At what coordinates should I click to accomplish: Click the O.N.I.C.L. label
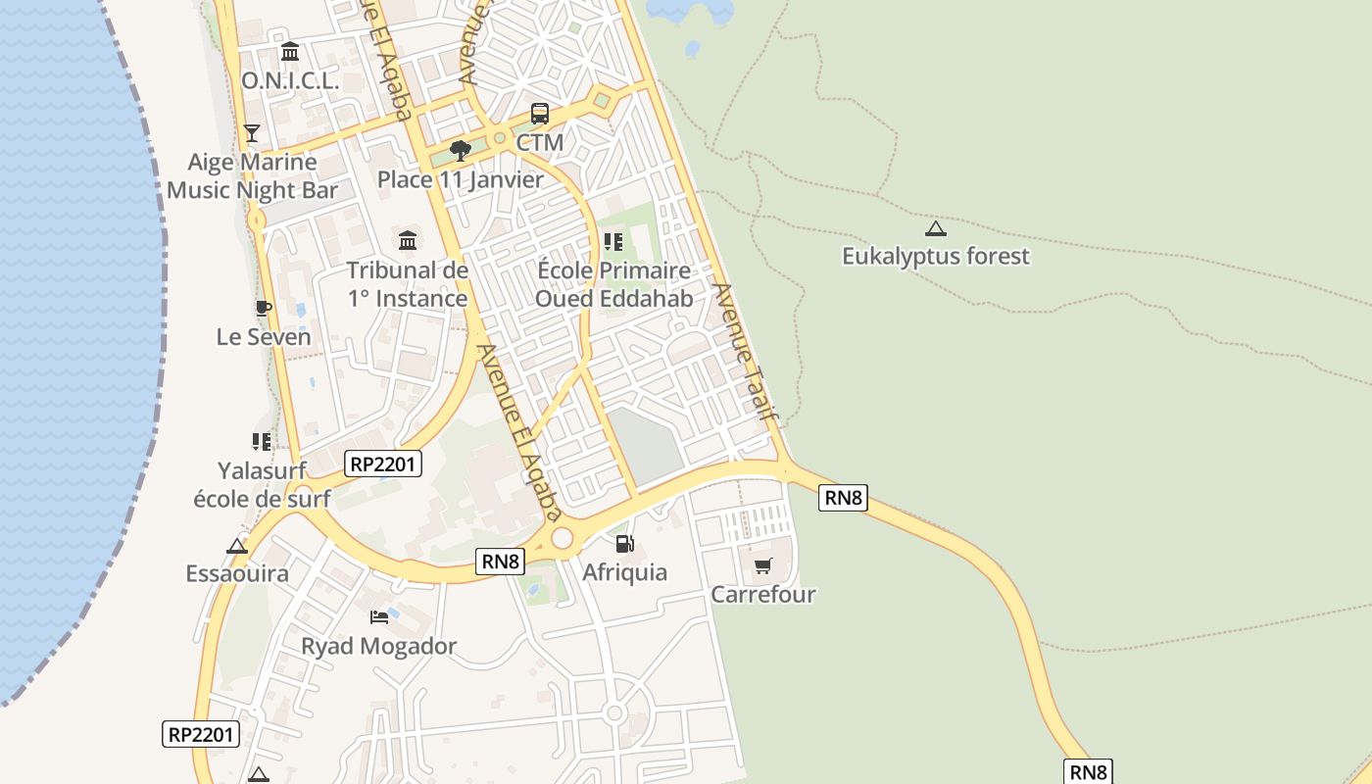coord(290,81)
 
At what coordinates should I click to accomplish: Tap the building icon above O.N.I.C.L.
coord(290,51)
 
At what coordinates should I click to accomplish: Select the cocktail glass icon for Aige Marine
coord(252,132)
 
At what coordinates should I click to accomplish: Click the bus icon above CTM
coord(540,114)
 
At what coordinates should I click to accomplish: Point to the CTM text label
coord(540,142)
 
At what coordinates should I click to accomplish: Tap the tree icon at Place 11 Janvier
coord(460,151)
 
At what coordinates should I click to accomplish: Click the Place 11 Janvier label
coord(461,180)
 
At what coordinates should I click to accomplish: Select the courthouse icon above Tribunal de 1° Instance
coord(408,240)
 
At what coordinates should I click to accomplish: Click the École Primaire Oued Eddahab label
coord(613,284)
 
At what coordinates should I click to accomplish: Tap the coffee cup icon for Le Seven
coord(263,308)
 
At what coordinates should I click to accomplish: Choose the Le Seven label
coord(264,337)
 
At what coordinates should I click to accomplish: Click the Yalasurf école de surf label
coord(262,484)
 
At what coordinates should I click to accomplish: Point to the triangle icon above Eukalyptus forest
coord(936,229)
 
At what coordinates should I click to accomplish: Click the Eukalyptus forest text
coord(936,257)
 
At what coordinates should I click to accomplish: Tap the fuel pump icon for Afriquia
coord(624,544)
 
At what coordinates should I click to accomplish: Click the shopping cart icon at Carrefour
coord(763,565)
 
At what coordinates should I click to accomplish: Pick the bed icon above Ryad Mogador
coord(379,617)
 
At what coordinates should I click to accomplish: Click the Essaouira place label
coord(237,573)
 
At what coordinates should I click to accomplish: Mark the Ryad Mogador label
coord(378,647)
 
